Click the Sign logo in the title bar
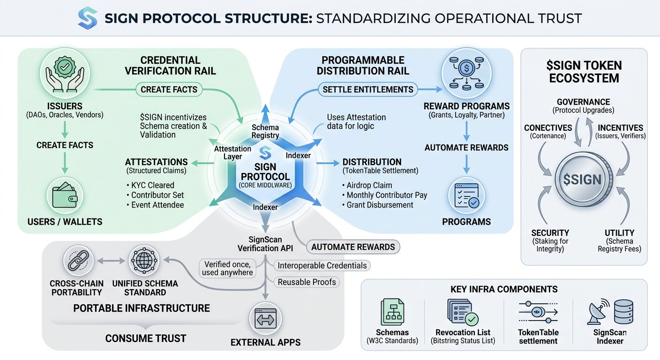tap(88, 18)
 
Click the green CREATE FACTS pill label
tap(169, 90)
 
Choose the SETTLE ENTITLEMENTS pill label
tap(368, 90)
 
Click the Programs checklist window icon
tap(466, 195)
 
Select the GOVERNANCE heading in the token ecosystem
tap(583, 102)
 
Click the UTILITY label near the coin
tap(619, 232)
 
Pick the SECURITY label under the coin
tap(550, 232)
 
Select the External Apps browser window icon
tap(265, 320)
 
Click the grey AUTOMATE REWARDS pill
tap(353, 247)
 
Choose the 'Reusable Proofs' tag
tap(307, 282)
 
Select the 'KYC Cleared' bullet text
tap(152, 185)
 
